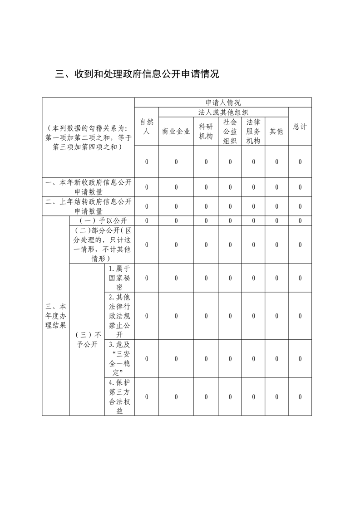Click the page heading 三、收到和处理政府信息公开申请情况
(137, 74)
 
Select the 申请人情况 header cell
(223, 103)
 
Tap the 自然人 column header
(147, 127)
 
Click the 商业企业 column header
(176, 132)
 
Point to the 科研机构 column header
(206, 132)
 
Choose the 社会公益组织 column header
(230, 132)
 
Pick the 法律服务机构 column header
(253, 132)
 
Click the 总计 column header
(300, 127)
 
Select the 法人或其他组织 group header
(223, 112)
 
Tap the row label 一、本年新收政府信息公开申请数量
(89, 187)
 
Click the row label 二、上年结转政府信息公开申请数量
(89, 206)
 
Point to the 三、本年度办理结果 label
(56, 316)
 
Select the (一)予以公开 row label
(102, 220)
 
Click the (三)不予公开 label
(87, 339)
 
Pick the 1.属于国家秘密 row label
(119, 278)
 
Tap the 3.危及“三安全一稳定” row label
(119, 358)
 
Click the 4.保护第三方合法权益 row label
(119, 396)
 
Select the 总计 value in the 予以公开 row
(300, 220)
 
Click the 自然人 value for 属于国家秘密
(147, 278)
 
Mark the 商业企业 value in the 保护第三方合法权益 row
(176, 396)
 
